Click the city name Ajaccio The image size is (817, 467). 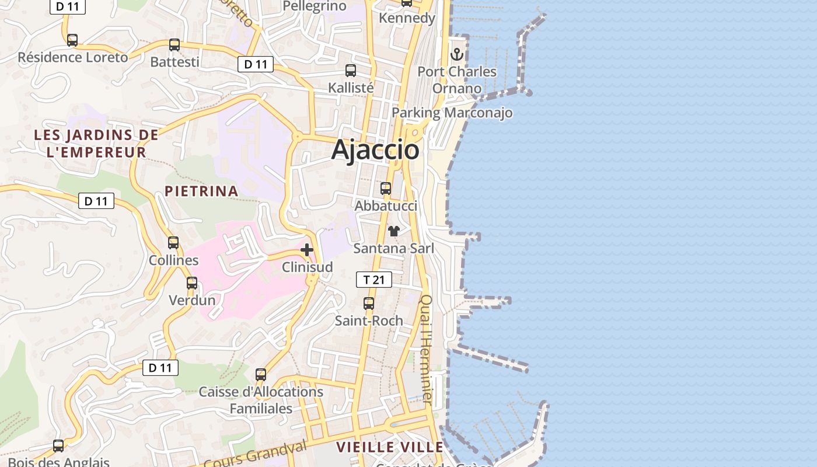pyautogui.click(x=375, y=150)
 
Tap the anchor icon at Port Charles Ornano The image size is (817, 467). pyautogui.click(x=457, y=54)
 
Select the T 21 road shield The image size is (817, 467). pyautogui.click(x=373, y=280)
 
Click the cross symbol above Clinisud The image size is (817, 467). pyautogui.click(x=307, y=250)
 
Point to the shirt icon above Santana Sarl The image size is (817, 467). pyautogui.click(x=394, y=231)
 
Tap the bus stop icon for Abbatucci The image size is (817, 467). pyautogui.click(x=386, y=189)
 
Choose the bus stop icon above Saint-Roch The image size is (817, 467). pyautogui.click(x=369, y=304)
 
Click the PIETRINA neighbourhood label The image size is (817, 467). pyautogui.click(x=201, y=191)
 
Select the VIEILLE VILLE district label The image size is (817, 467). pyautogui.click(x=390, y=447)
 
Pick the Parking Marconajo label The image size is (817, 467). pyautogui.click(x=452, y=113)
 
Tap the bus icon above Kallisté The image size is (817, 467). pyautogui.click(x=351, y=71)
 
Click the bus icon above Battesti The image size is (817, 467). pyautogui.click(x=174, y=45)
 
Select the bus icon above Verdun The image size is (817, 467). pyautogui.click(x=192, y=283)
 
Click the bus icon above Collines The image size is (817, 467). pyautogui.click(x=173, y=243)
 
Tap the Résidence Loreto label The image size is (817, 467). pyautogui.click(x=73, y=57)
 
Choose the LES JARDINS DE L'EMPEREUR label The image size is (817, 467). pyautogui.click(x=96, y=144)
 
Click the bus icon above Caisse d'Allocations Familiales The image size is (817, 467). pyautogui.click(x=261, y=374)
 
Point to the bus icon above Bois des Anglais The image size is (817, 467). pyautogui.click(x=58, y=446)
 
